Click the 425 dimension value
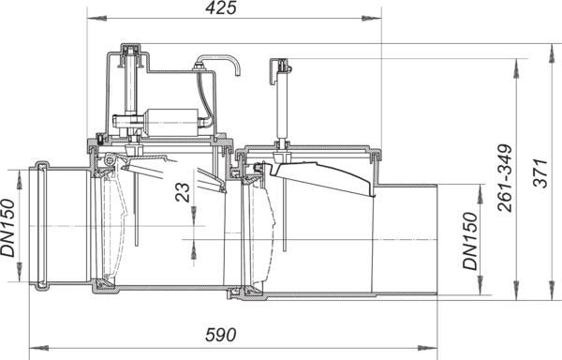coord(221,7)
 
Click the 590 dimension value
coord(221,335)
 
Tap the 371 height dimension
coord(540,172)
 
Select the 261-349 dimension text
coord(506,178)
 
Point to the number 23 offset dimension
coord(184,192)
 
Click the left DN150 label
coord(7,228)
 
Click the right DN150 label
coord(470,241)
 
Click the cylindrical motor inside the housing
coord(171,122)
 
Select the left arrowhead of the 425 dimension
coord(96,18)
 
